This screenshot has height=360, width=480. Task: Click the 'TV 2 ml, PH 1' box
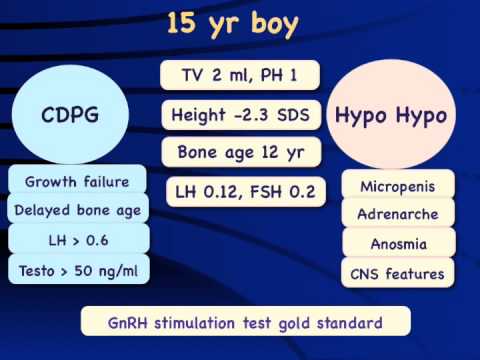coord(240,75)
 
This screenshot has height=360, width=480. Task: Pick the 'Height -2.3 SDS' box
coord(240,114)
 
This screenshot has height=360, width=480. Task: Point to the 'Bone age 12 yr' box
coord(240,153)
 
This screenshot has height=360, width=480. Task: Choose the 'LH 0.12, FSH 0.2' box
coord(240,191)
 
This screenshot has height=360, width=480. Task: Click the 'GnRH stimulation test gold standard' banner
coord(245,322)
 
